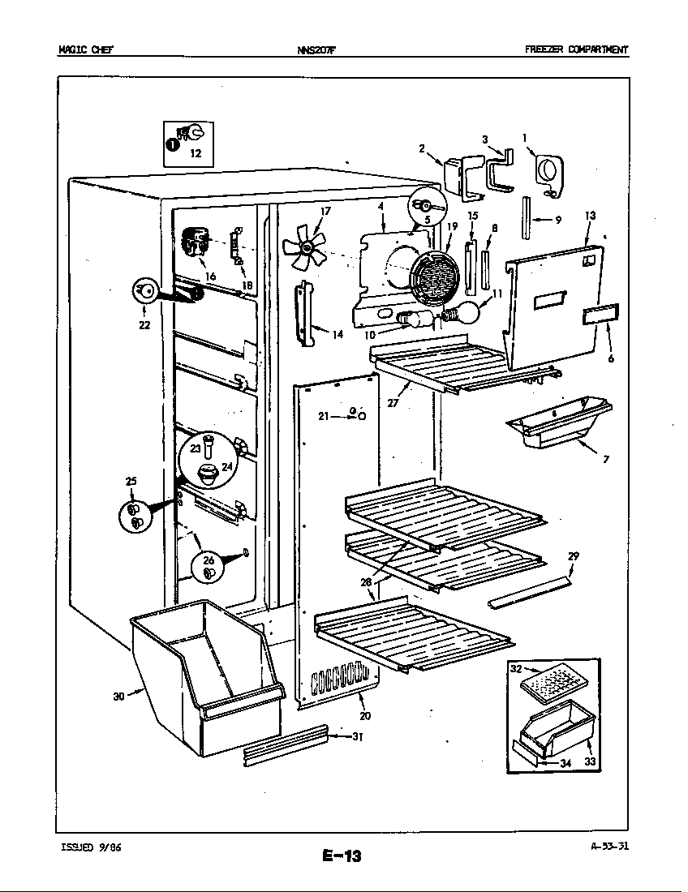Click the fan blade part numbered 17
pyautogui.click(x=305, y=247)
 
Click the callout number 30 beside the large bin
pyautogui.click(x=118, y=695)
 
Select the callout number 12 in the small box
pyautogui.click(x=196, y=153)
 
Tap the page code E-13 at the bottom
pyautogui.click(x=342, y=855)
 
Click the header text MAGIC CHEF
pyautogui.click(x=85, y=49)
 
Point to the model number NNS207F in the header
pyautogui.click(x=316, y=50)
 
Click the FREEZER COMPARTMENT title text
pyautogui.click(x=577, y=49)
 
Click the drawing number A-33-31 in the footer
pyautogui.click(x=609, y=846)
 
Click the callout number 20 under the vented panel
pyautogui.click(x=365, y=716)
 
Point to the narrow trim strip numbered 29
pyautogui.click(x=529, y=592)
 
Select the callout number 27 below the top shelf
pyautogui.click(x=393, y=403)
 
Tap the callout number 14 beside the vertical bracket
pyautogui.click(x=338, y=334)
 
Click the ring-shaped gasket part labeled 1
pyautogui.click(x=549, y=174)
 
